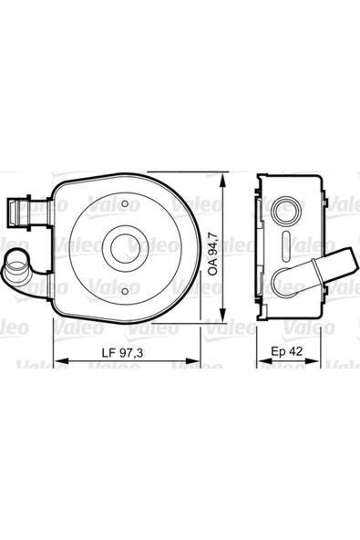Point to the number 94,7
212,239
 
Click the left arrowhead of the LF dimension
57,364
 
